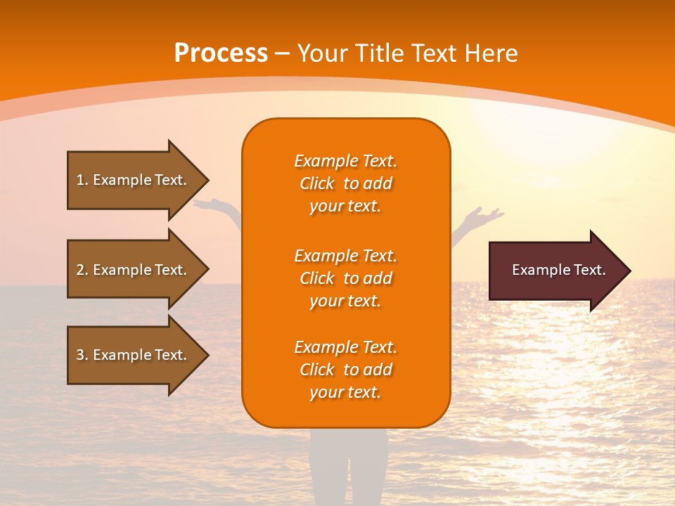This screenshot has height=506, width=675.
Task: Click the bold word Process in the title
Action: tap(221, 53)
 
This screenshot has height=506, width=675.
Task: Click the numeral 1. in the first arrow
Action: tap(82, 180)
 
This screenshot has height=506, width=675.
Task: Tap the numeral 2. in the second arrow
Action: tap(82, 270)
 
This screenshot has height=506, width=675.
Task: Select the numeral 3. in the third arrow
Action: tap(82, 355)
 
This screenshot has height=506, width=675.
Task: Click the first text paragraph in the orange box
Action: tap(345, 183)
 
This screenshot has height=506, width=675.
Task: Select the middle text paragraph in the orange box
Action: tap(345, 278)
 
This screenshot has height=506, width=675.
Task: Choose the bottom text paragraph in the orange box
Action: tap(345, 370)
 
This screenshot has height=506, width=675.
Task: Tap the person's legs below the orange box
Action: tap(347, 464)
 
